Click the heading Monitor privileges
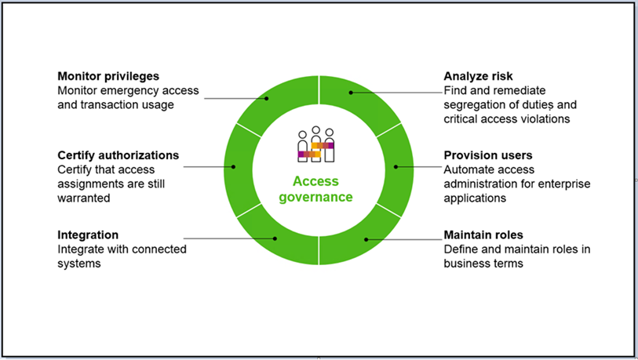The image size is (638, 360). (108, 77)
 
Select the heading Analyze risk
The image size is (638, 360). (478, 77)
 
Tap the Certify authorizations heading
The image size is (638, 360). (118, 155)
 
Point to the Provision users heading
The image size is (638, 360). (487, 155)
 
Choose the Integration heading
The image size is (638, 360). (88, 235)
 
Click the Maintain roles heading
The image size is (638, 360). (483, 235)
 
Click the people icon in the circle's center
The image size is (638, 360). (316, 145)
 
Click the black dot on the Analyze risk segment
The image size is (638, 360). (351, 93)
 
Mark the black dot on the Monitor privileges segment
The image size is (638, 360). (268, 98)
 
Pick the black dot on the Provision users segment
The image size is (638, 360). (396, 166)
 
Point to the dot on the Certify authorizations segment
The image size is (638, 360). (234, 166)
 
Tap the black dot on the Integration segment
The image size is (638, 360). (274, 237)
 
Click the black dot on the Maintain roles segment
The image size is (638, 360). (366, 239)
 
